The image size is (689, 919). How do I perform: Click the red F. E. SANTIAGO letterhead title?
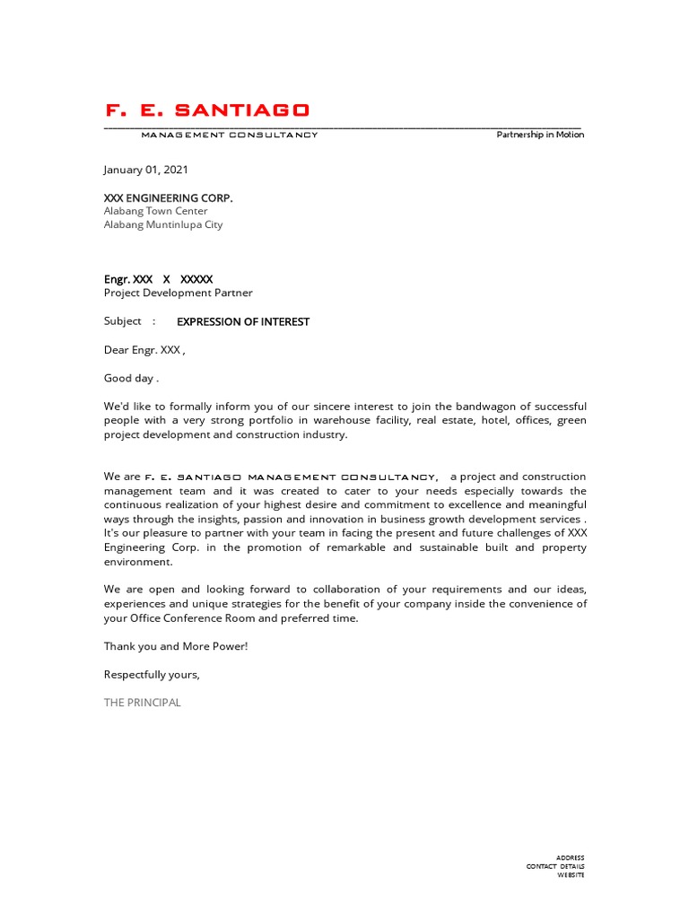tap(207, 110)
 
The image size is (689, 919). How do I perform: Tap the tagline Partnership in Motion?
tap(540, 135)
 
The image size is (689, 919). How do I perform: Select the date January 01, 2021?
tap(146, 170)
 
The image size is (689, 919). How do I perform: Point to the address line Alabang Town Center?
tap(155, 211)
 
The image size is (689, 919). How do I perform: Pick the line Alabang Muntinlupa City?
tap(163, 224)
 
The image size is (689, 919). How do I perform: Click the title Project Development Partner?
tap(179, 293)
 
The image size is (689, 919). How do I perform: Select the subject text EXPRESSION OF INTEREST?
tap(243, 321)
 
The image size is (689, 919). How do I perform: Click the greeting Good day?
tap(130, 378)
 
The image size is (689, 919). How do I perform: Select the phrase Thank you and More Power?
tap(176, 646)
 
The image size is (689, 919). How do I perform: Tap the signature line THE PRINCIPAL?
tap(142, 703)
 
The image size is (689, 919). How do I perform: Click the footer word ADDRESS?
tap(570, 858)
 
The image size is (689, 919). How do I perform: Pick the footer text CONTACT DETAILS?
tap(555, 866)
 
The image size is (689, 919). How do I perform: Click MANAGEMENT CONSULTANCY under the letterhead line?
tap(230, 135)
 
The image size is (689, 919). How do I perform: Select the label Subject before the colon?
tap(123, 321)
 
